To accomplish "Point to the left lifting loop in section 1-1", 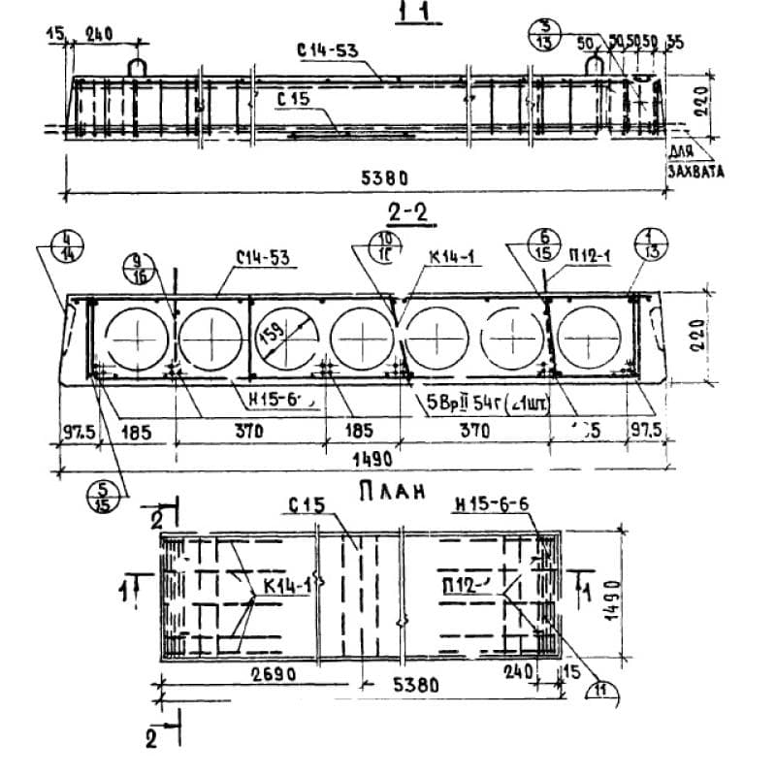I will coord(138,64).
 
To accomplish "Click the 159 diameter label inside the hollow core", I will coord(275,337).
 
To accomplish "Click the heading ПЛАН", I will coord(394,493).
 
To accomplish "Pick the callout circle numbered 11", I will coord(605,691).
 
